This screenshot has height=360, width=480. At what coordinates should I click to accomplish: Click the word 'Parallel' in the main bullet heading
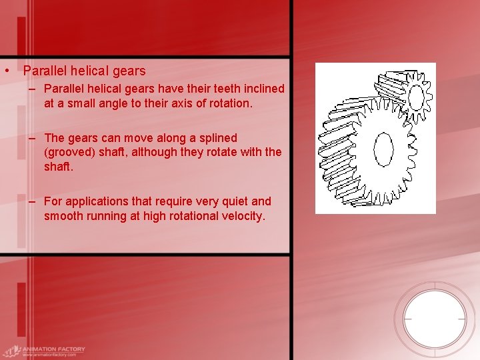[x=44, y=70]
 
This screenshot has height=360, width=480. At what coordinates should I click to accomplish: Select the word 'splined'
[x=216, y=138]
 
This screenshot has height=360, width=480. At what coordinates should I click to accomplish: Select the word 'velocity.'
[x=241, y=216]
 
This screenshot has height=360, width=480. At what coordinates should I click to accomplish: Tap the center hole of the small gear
[x=415, y=95]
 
